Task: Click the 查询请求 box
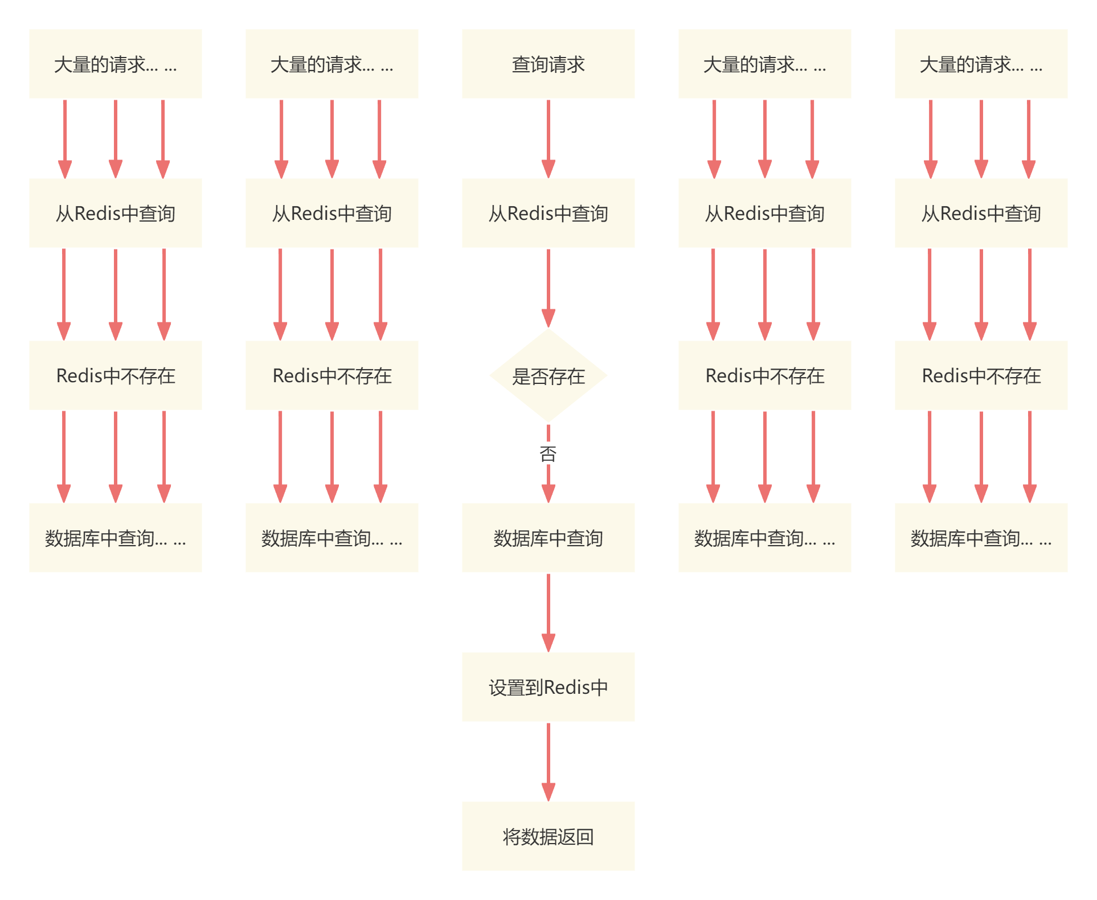click(548, 64)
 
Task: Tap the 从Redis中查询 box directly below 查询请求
click(548, 213)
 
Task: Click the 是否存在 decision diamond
click(548, 375)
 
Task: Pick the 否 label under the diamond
click(548, 454)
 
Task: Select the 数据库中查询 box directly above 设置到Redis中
click(548, 538)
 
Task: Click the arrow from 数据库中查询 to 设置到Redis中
click(548, 612)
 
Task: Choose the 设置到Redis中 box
click(548, 687)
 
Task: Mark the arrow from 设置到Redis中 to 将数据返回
click(548, 762)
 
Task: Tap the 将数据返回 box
click(548, 836)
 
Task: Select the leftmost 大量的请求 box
click(116, 64)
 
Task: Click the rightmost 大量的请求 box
click(981, 64)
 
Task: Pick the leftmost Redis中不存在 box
click(116, 375)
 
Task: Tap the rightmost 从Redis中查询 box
click(981, 213)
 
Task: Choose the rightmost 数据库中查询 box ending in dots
click(981, 538)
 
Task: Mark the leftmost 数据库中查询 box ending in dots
click(116, 538)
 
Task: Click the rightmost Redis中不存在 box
click(981, 375)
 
